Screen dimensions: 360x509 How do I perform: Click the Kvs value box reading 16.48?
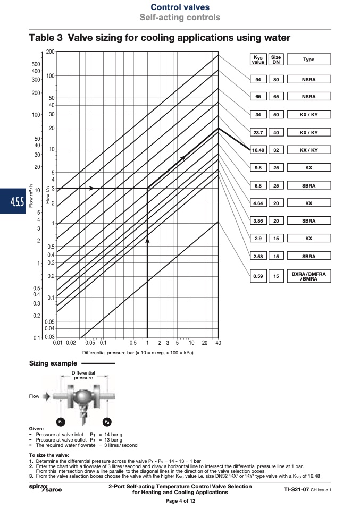(258, 150)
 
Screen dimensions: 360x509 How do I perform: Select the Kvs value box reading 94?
(258, 79)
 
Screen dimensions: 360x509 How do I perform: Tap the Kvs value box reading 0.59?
(258, 276)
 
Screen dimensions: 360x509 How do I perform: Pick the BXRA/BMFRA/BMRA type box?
(308, 276)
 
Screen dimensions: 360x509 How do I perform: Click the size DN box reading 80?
(276, 79)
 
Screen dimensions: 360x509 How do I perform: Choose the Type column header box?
(308, 60)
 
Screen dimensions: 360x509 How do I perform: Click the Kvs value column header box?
(258, 60)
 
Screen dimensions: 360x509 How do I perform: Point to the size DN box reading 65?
(276, 96)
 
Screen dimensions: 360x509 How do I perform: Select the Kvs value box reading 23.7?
(258, 132)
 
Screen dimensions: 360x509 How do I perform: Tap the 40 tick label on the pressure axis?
(218, 343)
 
